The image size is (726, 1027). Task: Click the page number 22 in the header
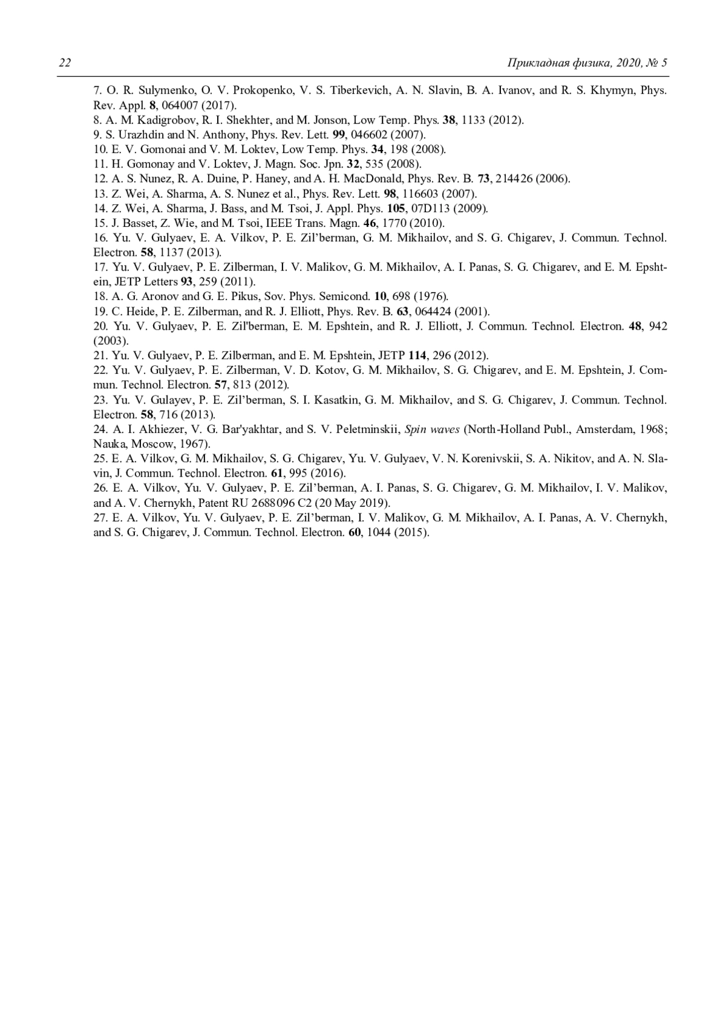[65, 63]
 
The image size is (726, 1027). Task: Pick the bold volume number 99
[339, 134]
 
